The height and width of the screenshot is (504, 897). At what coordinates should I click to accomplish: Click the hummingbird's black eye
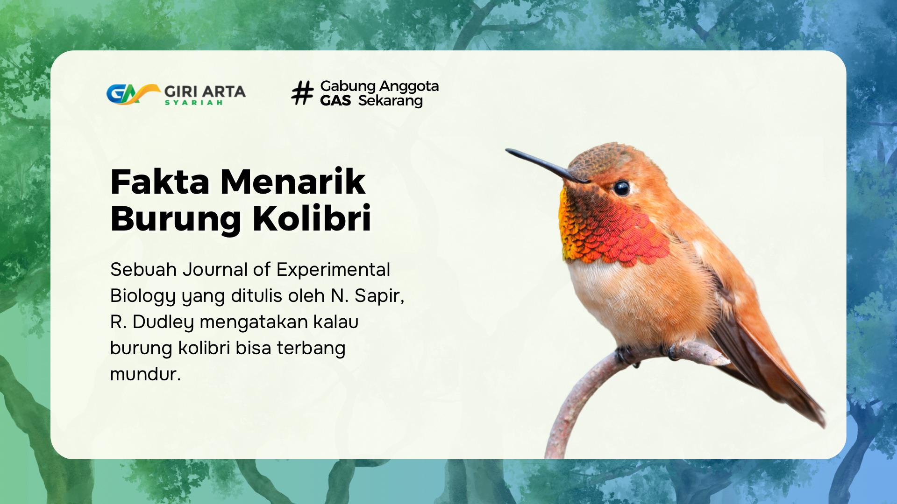(621, 188)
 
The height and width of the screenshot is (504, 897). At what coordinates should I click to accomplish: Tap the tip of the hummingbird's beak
(507, 150)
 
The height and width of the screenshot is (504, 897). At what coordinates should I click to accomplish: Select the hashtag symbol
(302, 93)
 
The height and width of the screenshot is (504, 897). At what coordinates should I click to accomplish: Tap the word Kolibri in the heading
(312, 218)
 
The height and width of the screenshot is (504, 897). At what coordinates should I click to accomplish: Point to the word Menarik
(293, 182)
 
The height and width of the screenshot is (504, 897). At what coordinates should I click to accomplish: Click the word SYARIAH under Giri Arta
(193, 103)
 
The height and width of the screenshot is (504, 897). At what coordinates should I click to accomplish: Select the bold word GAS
(335, 101)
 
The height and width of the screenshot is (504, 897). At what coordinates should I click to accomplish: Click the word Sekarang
(391, 101)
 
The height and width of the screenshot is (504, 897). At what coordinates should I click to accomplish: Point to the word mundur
(145, 374)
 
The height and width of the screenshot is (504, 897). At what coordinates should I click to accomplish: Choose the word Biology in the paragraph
(143, 296)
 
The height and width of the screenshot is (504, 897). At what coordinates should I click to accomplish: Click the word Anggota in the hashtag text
(409, 87)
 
